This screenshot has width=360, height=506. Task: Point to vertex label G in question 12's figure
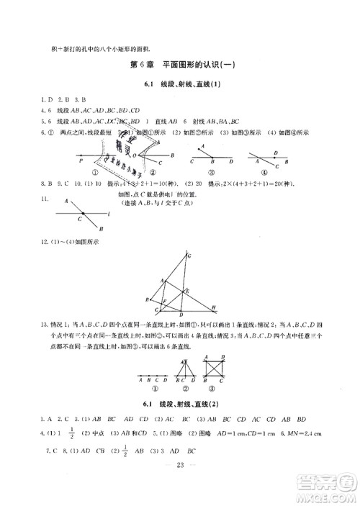(189, 255)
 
